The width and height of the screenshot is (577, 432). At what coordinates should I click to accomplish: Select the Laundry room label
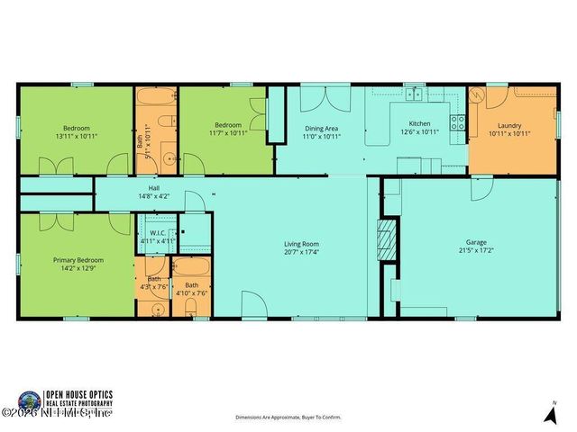click(509, 124)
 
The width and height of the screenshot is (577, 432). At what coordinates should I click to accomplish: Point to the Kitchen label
click(420, 124)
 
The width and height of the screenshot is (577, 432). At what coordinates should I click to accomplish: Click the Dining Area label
click(321, 127)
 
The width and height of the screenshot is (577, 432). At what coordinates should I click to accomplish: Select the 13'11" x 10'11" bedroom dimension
click(76, 136)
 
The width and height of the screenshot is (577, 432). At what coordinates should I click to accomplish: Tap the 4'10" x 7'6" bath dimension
click(191, 292)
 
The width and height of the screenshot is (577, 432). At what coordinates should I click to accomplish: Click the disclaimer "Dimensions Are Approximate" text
click(288, 418)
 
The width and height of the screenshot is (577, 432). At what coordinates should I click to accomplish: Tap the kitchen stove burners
click(459, 122)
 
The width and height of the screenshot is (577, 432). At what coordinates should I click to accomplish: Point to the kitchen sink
click(414, 93)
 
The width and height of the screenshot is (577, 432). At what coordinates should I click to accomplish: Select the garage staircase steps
click(387, 238)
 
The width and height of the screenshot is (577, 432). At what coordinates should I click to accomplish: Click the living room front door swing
click(252, 304)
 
